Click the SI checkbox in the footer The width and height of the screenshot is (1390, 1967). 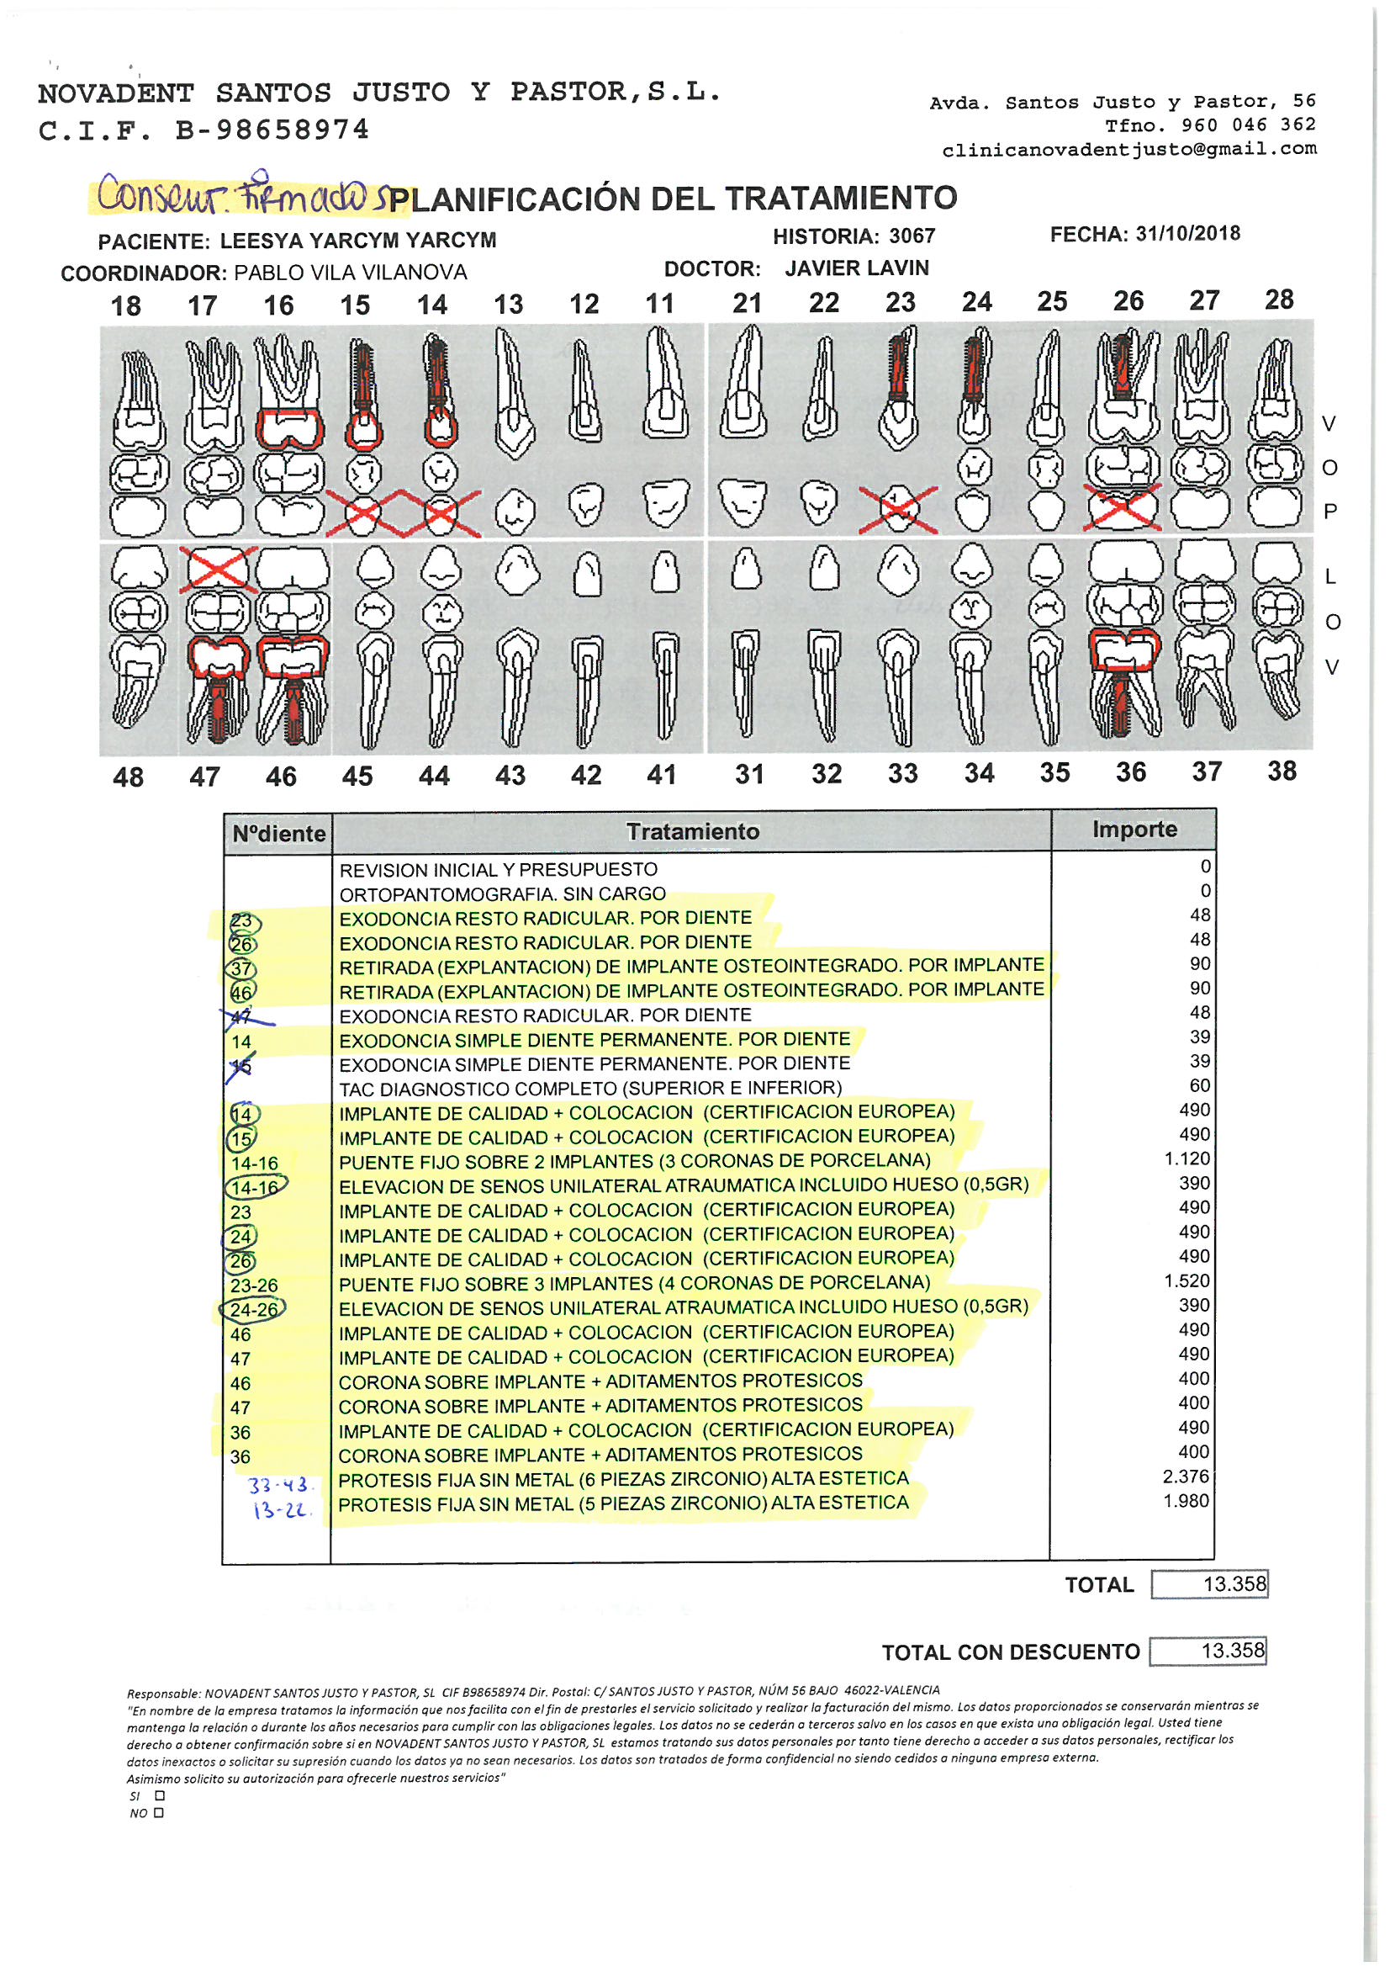coord(160,1795)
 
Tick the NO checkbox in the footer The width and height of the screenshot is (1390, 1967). coord(158,1813)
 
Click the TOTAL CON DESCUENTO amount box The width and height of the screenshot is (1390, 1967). coord(1208,1651)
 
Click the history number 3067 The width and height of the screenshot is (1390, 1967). coord(912,236)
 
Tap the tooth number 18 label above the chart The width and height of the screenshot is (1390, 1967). coord(126,306)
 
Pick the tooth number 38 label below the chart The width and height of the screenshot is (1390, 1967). coord(1282,771)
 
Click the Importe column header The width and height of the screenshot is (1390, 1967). coord(1134,830)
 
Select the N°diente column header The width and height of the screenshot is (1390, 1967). coord(278,834)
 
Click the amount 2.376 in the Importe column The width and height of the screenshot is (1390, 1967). coord(1186,1477)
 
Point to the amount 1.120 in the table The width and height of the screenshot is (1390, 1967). coord(1187,1159)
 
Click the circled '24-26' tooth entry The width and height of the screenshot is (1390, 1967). coord(253,1310)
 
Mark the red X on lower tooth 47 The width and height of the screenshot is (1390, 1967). coord(218,569)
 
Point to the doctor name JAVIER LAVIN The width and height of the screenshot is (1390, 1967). coord(856,268)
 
